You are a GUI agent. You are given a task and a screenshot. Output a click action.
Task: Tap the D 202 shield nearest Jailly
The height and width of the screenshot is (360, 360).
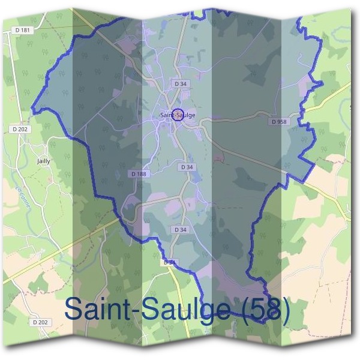point(20,129)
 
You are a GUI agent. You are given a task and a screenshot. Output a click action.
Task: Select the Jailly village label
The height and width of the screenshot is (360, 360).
point(43,161)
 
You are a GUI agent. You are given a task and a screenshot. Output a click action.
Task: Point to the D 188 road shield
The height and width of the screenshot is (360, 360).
point(139,174)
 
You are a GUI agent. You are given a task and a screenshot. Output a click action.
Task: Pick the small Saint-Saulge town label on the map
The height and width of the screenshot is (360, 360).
point(178,115)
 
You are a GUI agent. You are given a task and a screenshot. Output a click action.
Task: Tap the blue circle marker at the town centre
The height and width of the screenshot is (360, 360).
point(178,114)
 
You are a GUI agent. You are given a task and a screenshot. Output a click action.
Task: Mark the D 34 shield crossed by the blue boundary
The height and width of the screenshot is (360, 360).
point(170,262)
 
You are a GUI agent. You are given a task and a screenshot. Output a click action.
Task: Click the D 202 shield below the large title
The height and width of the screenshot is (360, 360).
point(40,322)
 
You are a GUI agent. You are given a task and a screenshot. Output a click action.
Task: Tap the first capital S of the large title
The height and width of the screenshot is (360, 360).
point(74,309)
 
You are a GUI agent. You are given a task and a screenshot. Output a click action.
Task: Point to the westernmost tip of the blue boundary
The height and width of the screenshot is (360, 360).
point(32,110)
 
